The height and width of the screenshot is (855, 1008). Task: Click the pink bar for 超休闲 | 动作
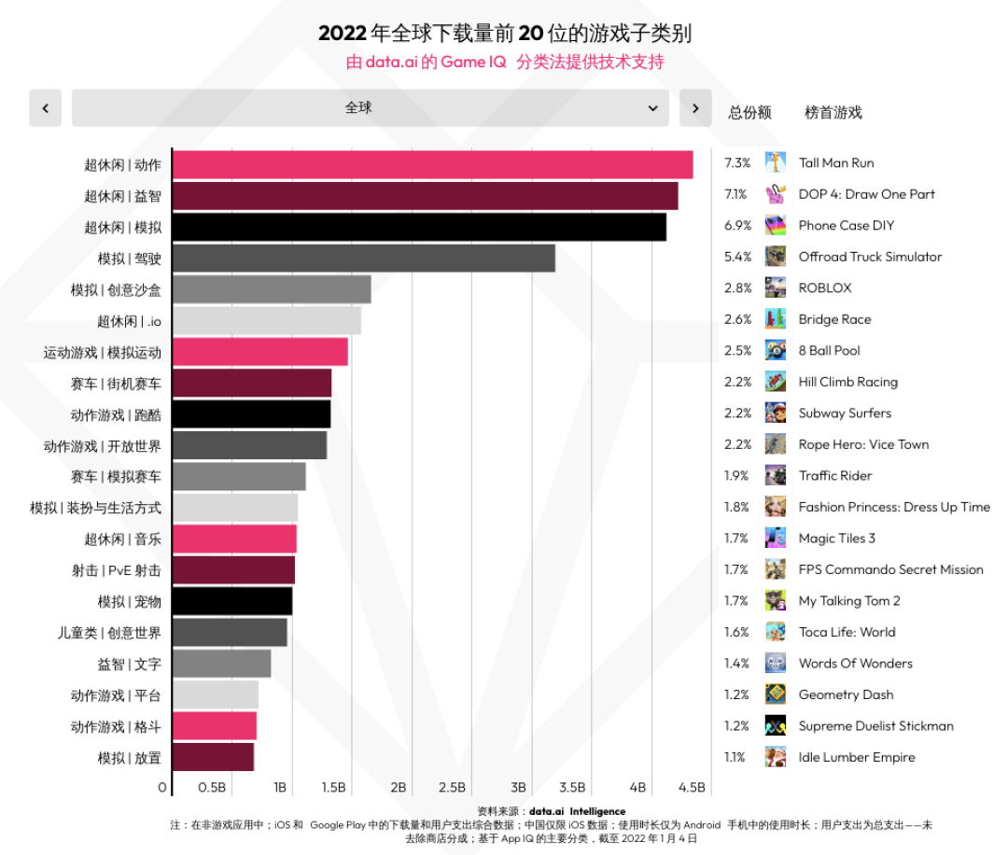[433, 164]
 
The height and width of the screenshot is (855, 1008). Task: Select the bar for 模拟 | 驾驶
[364, 258]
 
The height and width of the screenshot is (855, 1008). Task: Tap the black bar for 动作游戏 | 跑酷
[252, 414]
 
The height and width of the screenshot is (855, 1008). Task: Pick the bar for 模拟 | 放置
[214, 758]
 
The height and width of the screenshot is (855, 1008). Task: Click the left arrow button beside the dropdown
[45, 108]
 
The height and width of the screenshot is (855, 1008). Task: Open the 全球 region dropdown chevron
[653, 108]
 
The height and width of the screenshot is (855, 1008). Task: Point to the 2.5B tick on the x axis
[452, 788]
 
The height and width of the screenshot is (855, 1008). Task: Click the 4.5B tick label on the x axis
[692, 788]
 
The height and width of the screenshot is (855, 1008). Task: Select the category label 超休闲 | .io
[129, 321]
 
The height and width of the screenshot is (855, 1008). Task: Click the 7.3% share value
[736, 163]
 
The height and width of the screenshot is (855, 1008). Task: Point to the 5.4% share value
[736, 257]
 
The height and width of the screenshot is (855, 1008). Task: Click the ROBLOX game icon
[776, 288]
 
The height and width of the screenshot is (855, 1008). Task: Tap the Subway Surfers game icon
[776, 413]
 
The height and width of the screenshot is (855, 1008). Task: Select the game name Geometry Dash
[846, 694]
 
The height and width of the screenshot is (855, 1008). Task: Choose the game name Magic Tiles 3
[836, 539]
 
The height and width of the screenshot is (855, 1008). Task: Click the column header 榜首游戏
[833, 113]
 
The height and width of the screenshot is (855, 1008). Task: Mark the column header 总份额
[749, 113]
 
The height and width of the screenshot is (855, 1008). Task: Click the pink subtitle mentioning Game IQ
[505, 63]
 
